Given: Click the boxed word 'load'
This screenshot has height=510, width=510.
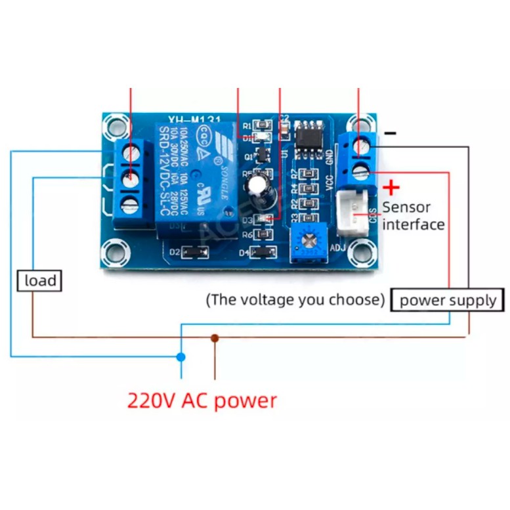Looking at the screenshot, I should click(x=40, y=281).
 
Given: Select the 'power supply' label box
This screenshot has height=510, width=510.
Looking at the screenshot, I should click(x=448, y=301).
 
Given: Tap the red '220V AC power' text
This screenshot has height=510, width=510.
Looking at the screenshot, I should click(x=202, y=400).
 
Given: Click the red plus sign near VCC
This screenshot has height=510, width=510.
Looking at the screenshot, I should click(x=391, y=188).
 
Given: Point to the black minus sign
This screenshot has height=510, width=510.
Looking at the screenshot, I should click(x=391, y=133).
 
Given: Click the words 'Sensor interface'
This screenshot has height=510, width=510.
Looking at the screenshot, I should click(x=414, y=215).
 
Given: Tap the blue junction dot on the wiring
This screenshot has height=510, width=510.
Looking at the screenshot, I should click(x=181, y=356).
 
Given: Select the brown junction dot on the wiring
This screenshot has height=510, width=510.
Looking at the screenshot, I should click(x=215, y=338).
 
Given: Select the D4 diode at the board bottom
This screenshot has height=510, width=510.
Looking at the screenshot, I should click(x=263, y=252).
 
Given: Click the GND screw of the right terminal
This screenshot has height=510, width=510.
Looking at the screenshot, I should click(x=359, y=148).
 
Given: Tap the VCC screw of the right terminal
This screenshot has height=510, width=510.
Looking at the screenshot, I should click(x=359, y=173).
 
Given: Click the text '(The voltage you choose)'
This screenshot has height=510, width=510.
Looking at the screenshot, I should click(x=295, y=301).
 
